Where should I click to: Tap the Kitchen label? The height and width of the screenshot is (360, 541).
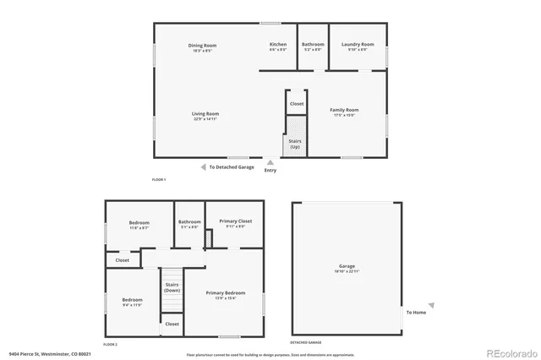278,44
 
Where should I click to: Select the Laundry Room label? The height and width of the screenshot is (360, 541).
358,44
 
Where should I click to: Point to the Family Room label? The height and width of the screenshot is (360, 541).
344,110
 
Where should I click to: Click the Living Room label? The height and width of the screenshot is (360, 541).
205,113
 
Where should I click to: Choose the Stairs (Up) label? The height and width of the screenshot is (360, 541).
295,145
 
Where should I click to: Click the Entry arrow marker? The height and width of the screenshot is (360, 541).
270,162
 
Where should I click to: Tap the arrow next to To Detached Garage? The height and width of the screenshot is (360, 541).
203,167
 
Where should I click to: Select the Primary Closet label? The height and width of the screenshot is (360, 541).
236,221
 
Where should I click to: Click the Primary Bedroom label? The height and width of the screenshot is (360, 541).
232,294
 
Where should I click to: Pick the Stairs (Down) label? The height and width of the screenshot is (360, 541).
172,288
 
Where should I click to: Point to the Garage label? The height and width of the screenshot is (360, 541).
347,265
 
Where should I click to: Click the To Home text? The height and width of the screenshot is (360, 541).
416,313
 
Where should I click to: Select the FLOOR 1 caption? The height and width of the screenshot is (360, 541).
159,180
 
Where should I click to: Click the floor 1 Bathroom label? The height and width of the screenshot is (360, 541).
313,44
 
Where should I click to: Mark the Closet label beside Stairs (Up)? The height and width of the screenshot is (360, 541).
297,104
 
